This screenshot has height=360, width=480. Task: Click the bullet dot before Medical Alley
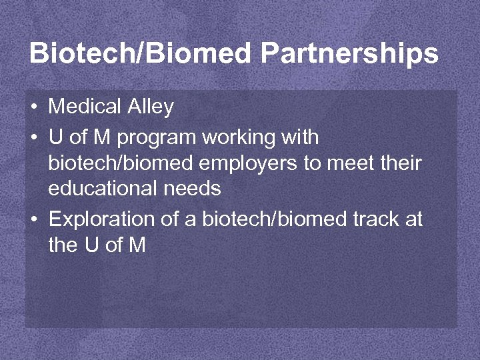pyautogui.click(x=33, y=107)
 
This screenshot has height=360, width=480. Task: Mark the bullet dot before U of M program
pyautogui.click(x=33, y=138)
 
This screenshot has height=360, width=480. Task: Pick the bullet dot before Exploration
pyautogui.click(x=33, y=219)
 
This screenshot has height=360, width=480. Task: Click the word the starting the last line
pyautogui.click(x=63, y=245)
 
